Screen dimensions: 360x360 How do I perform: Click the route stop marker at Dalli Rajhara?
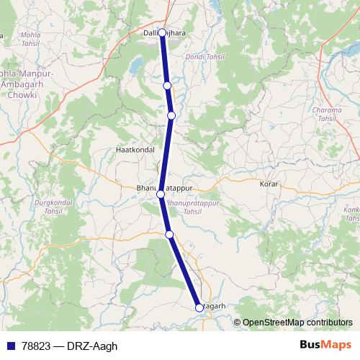[162, 32]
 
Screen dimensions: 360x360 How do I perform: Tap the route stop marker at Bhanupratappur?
[161, 194]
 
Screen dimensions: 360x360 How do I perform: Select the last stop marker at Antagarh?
[199, 307]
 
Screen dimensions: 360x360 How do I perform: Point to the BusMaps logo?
[325, 344]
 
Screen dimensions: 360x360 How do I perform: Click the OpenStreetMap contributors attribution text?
[297, 323]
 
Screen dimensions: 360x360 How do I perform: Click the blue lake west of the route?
[135, 67]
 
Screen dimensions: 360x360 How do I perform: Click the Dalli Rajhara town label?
[156, 32]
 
